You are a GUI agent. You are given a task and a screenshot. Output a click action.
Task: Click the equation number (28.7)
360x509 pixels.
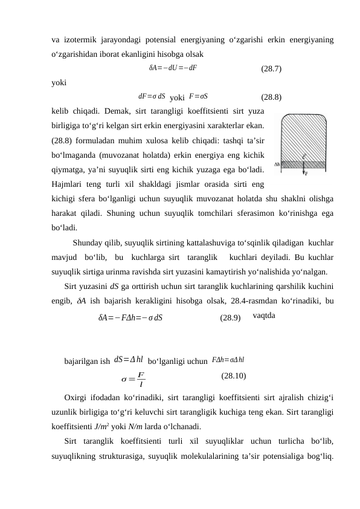click(x=269, y=68)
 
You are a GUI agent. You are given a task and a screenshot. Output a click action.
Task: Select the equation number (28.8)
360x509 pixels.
click(x=269, y=96)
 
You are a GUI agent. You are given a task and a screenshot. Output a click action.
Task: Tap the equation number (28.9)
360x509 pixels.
click(x=230, y=317)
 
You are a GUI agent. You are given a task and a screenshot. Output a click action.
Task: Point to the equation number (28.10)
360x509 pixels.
click(x=233, y=376)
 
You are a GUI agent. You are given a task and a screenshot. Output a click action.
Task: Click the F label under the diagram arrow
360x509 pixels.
click(x=307, y=173)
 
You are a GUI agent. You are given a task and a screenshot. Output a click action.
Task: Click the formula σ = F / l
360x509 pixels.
click(x=134, y=380)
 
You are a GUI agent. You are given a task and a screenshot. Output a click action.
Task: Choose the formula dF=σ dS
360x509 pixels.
click(x=152, y=96)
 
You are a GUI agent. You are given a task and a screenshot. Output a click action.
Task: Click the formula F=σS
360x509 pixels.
click(x=199, y=96)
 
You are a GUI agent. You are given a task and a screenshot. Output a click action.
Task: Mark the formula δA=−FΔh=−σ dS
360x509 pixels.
click(x=130, y=317)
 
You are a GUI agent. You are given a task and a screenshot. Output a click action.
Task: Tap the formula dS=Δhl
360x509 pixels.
click(x=129, y=361)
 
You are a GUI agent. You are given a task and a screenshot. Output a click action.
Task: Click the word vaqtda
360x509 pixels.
click(x=265, y=316)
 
